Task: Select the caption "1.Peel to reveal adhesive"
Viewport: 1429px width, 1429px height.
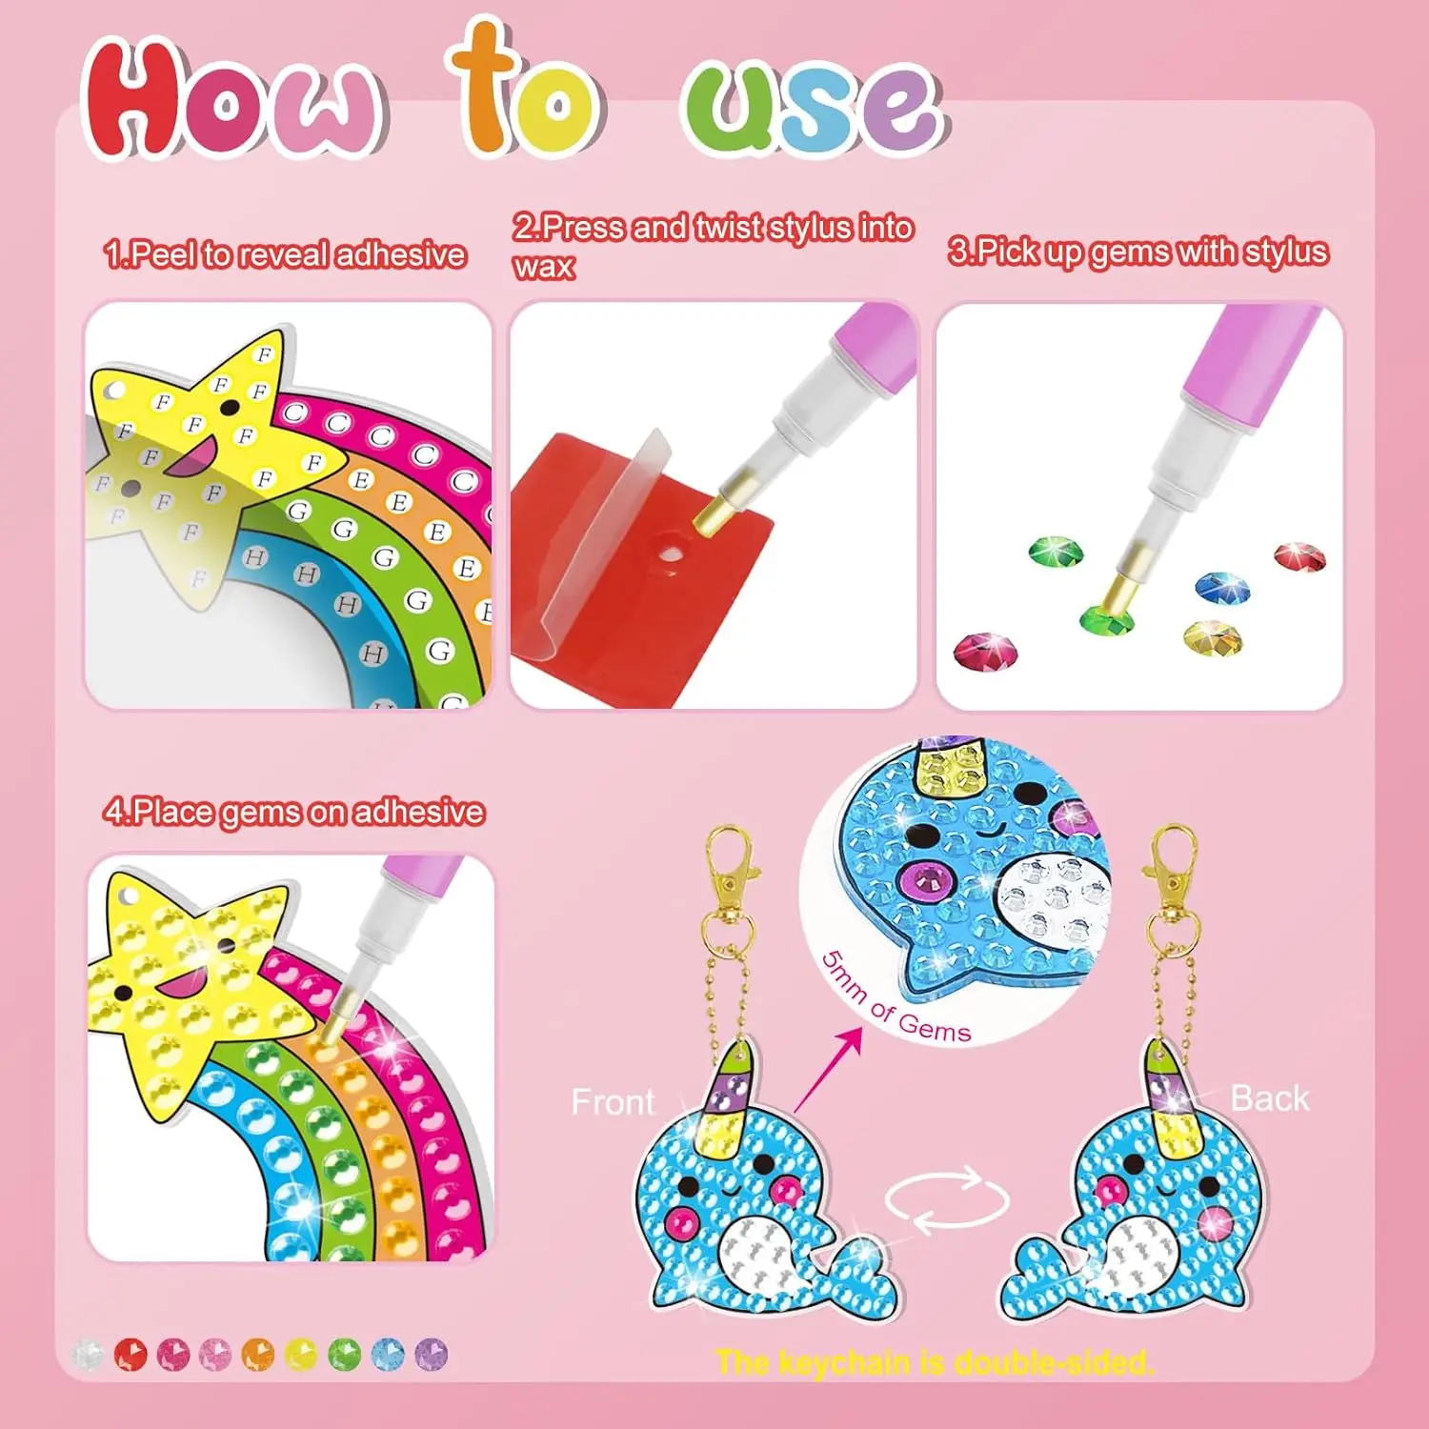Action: coord(285,254)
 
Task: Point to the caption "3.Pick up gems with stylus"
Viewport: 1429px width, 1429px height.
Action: coord(1137,252)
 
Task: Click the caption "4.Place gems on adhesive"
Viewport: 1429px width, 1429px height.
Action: coord(294,812)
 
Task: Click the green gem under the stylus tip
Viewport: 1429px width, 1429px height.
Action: coord(1107,619)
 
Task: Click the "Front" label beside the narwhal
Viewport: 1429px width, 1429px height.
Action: coord(613,1102)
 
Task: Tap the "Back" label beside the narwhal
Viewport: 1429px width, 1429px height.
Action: coord(1269,1098)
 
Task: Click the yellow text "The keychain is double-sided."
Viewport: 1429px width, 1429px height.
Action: coord(934,1362)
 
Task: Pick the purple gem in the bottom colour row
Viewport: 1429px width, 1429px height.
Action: coord(432,1354)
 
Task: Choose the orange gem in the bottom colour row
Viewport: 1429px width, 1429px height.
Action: coord(257,1354)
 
